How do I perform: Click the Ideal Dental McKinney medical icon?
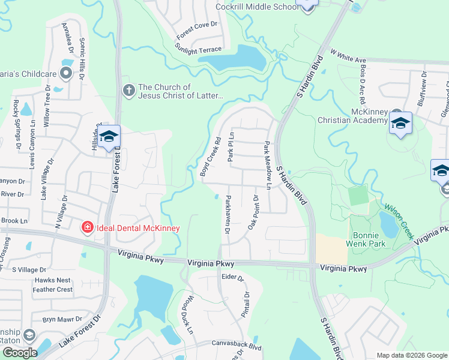coord(88,227)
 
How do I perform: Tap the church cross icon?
coord(128,91)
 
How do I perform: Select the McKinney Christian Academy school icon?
coord(400,124)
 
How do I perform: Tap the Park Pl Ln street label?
coord(231,147)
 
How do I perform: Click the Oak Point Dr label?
coord(253,212)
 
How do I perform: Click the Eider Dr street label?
coord(232,278)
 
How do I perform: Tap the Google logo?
coord(20,353)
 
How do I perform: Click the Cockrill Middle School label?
coord(257,7)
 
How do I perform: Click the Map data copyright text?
coord(412,355)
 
